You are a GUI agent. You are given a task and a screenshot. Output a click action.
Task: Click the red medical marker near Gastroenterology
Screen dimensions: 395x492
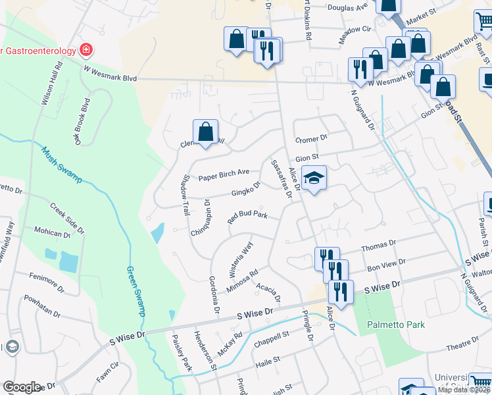click(x=85, y=49)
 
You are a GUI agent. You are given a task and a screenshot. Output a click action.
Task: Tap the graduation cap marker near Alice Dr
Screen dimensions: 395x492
click(x=314, y=177)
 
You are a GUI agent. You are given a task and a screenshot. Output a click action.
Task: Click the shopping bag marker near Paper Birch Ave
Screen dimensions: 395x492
click(x=206, y=131)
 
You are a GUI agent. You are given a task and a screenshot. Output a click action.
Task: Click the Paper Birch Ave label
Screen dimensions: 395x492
click(x=224, y=174)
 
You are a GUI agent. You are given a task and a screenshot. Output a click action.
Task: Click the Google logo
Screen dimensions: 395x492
click(x=22, y=387)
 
